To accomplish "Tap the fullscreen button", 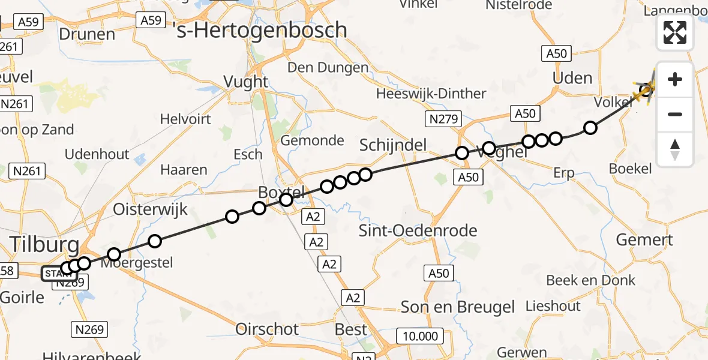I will pos(675,32).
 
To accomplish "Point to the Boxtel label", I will pos(282,192).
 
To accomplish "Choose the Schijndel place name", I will pos(392,145).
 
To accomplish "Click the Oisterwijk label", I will pos(151,210).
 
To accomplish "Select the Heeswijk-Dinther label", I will pos(431,94).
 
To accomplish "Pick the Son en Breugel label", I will pos(458,307).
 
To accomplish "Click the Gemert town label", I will pos(644,240).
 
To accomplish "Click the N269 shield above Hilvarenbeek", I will pos(91,329).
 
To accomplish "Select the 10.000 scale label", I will pos(421,336).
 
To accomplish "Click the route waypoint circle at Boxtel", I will pos(286,200).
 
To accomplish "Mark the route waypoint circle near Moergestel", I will pos(113,254).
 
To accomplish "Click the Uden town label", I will pos(571,78).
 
